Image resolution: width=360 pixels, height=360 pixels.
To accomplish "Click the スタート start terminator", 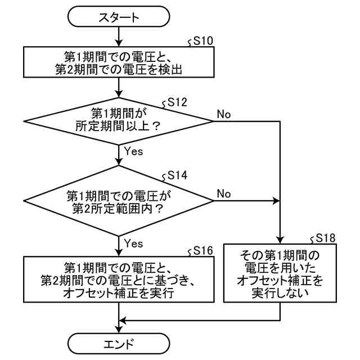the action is (119, 16).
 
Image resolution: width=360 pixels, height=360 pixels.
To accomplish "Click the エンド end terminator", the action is (119, 344).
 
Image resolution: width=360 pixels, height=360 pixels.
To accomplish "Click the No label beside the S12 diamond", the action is (224, 114).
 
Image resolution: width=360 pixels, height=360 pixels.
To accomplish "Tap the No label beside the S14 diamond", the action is (224, 193).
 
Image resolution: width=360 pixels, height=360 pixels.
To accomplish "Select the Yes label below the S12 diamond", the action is (133, 151).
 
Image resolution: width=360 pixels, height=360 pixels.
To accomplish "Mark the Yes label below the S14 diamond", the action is (133, 244).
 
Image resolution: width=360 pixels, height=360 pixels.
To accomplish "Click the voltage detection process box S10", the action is (119, 62).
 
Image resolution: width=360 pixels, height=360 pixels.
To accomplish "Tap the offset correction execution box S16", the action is (119, 279).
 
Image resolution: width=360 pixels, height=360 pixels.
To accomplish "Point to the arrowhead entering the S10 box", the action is (119, 43).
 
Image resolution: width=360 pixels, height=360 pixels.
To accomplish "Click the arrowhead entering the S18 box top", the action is (280, 240).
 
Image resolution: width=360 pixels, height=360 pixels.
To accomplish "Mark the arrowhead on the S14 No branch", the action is (276, 201).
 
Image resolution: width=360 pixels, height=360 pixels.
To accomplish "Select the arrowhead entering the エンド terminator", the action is (119, 330).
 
